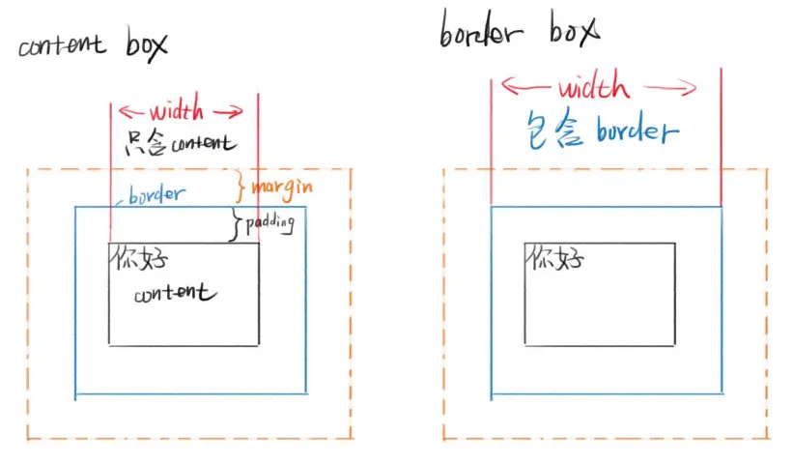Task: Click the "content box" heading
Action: [x=93, y=46]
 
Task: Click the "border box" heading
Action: [x=517, y=32]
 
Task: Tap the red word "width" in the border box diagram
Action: [x=593, y=88]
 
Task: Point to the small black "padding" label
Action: [x=269, y=222]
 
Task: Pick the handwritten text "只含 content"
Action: [x=182, y=143]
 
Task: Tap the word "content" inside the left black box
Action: [x=176, y=293]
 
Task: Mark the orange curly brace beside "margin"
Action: [x=241, y=184]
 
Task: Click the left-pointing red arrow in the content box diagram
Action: [x=132, y=111]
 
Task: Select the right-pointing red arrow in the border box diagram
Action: [x=672, y=89]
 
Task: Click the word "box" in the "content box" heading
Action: [x=146, y=45]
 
